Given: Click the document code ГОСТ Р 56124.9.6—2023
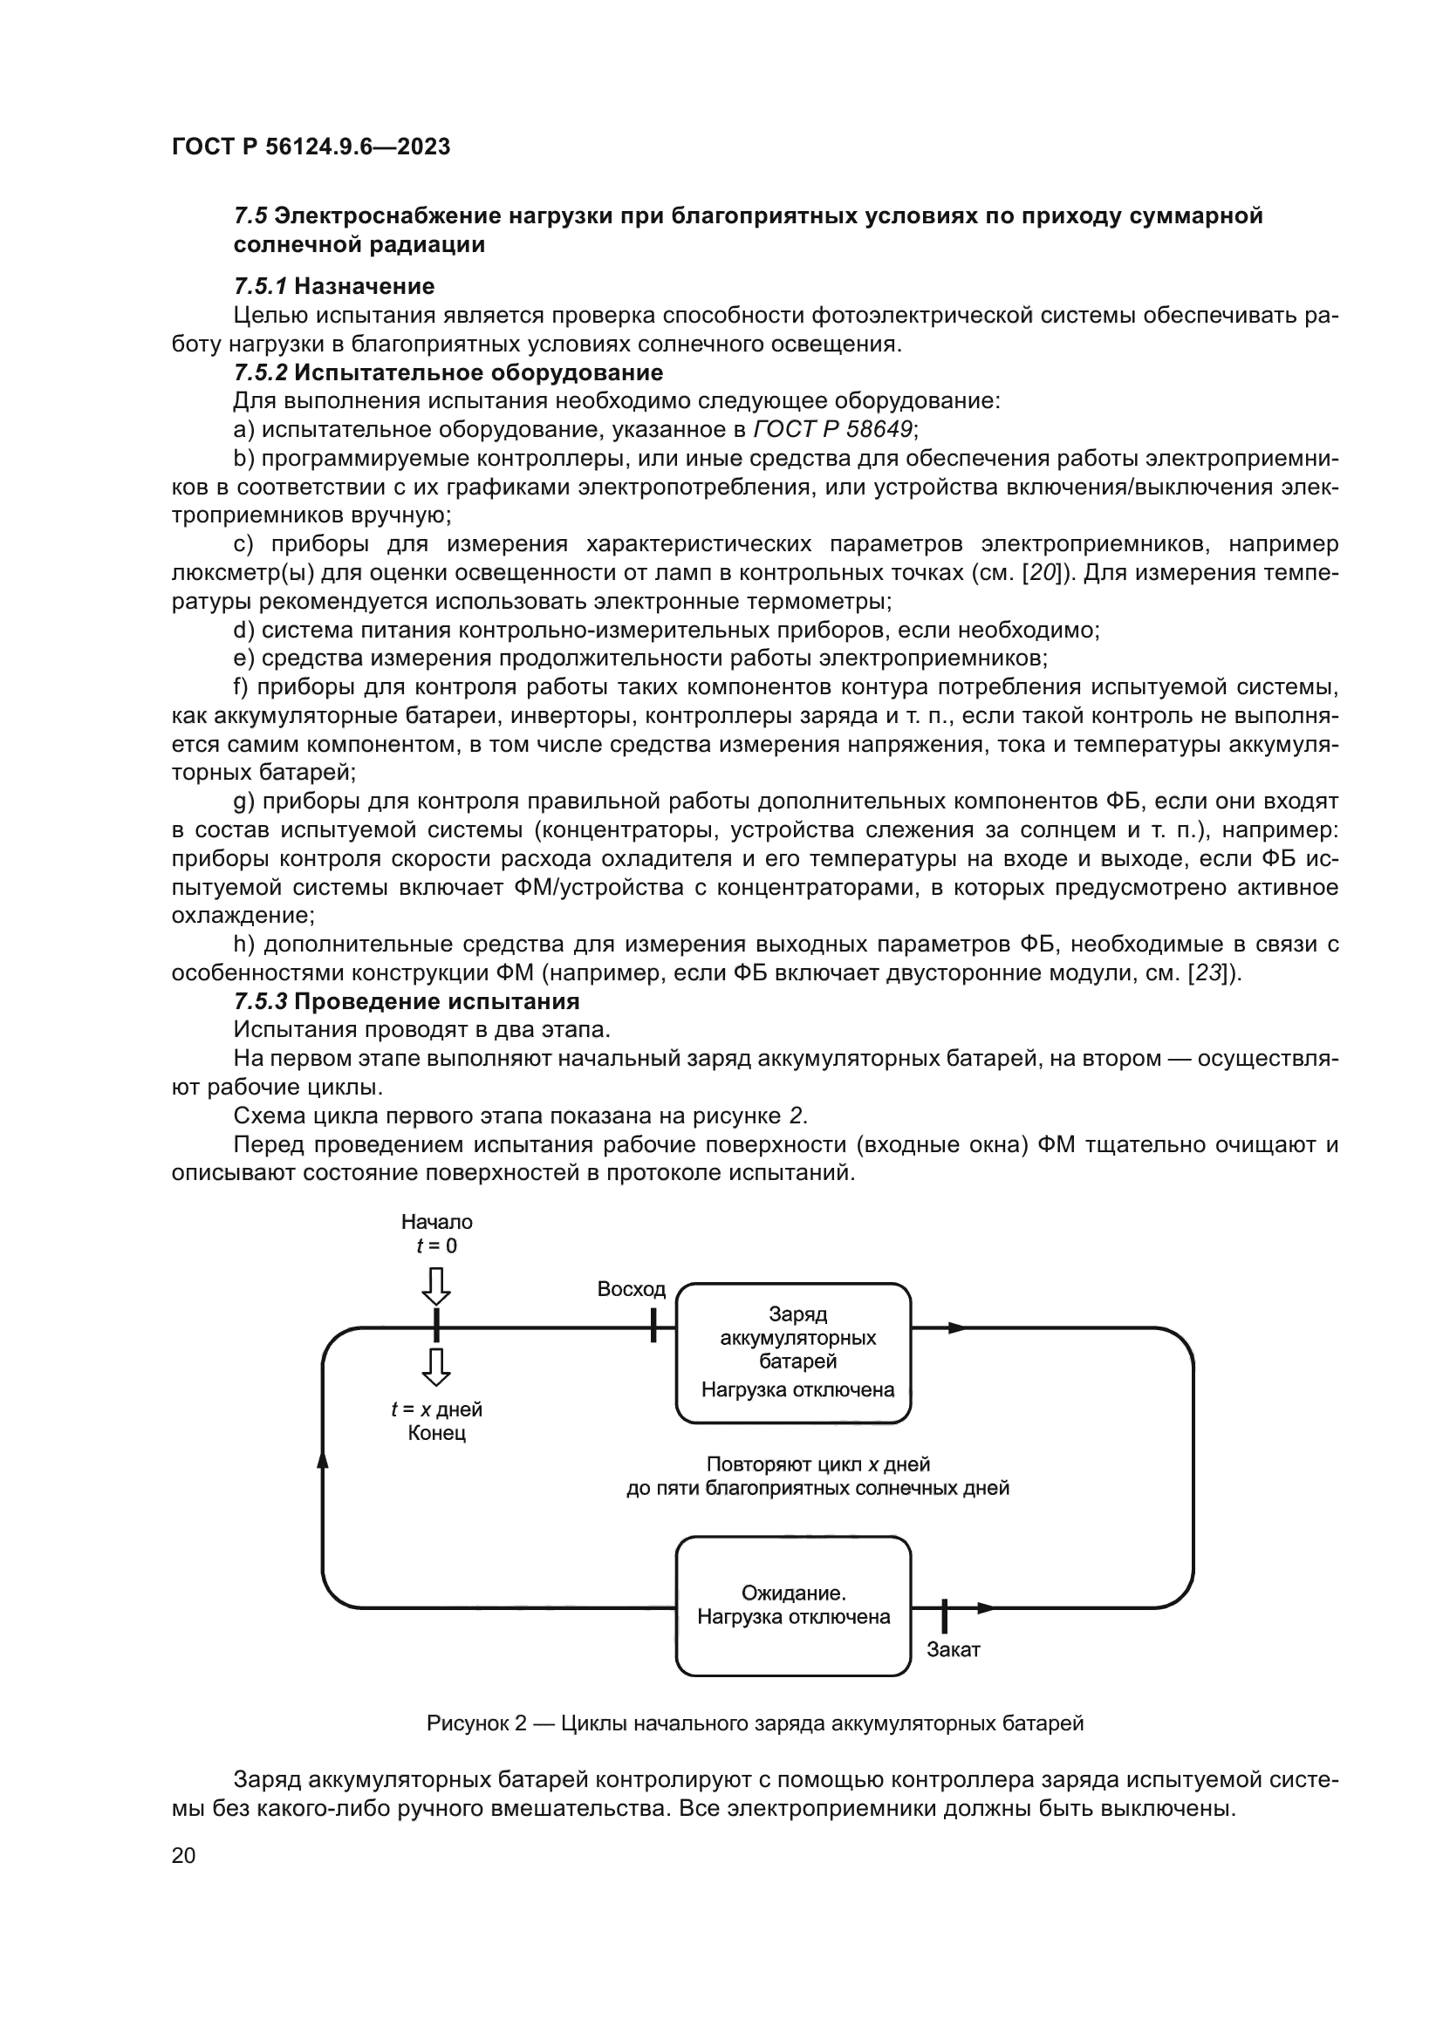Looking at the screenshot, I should point(311,147).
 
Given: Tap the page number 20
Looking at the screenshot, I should point(183,1855).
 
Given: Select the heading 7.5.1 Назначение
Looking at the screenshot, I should point(334,286).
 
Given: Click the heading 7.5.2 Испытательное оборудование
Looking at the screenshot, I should point(448,372).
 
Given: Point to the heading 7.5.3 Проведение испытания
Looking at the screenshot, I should point(406,1001).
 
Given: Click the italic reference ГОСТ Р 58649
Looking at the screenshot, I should point(832,430).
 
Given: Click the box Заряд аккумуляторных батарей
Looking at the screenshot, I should point(793,1353).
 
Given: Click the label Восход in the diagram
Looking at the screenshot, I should point(631,1289).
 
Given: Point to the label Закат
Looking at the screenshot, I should point(953,1650).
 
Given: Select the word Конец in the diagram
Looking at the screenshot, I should point(436,1433).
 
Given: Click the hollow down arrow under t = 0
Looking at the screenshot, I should point(436,1286).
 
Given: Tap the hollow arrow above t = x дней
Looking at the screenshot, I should point(436,1368).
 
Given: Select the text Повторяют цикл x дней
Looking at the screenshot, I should point(817,1463).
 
